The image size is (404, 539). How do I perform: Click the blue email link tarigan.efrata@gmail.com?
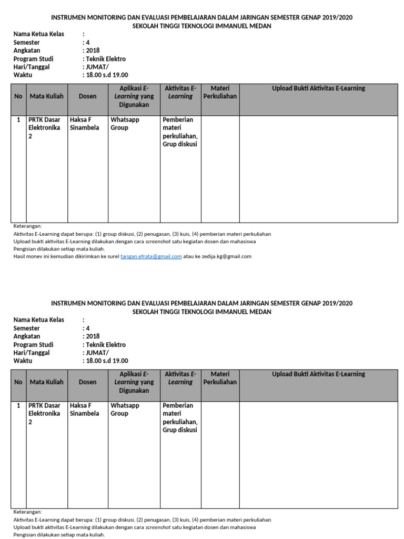(x=151, y=256)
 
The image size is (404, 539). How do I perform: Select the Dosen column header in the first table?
(x=87, y=96)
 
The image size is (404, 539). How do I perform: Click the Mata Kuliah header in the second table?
(x=47, y=382)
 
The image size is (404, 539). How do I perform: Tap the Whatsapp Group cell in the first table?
(x=125, y=124)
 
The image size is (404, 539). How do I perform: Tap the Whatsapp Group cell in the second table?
(x=125, y=410)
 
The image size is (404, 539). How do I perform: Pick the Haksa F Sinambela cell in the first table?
(x=84, y=124)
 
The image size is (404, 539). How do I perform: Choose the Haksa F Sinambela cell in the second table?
(x=84, y=410)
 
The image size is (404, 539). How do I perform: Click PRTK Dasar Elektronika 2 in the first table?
(x=45, y=128)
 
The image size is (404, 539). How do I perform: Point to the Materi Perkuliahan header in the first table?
(x=220, y=92)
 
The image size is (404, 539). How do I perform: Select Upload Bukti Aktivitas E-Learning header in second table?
(x=318, y=374)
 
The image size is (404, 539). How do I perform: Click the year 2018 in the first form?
(x=93, y=51)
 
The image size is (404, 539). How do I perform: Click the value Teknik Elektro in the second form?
(x=106, y=345)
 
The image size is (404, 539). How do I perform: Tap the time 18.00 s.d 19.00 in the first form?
(x=107, y=75)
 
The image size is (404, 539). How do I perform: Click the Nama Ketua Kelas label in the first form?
(x=38, y=34)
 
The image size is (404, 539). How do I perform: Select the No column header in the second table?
(x=18, y=382)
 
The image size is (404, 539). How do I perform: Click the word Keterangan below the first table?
(x=27, y=226)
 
